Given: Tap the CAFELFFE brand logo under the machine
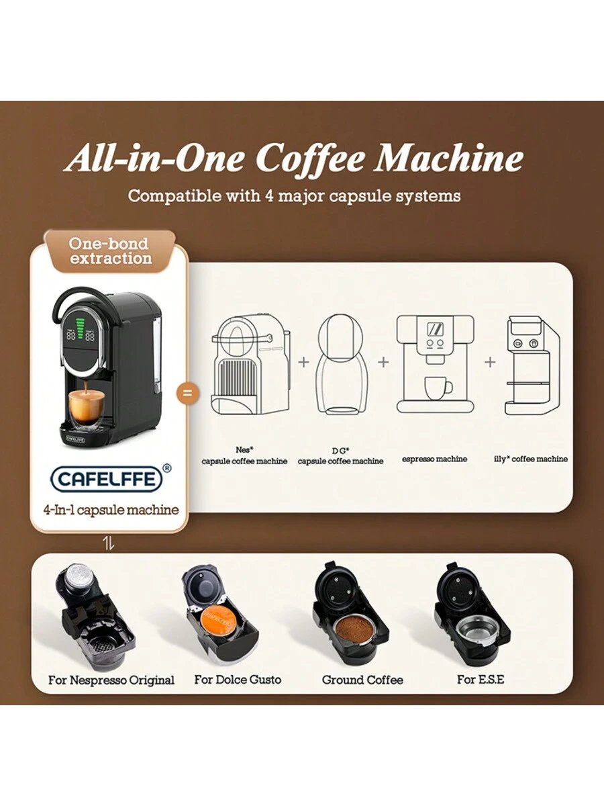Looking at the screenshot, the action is pyautogui.click(x=106, y=478).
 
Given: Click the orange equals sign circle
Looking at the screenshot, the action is pyautogui.click(x=188, y=393).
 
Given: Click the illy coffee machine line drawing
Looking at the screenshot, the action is pyautogui.click(x=532, y=366).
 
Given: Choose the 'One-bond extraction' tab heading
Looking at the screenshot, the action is pyautogui.click(x=110, y=251).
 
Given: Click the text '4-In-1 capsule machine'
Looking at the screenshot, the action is pyautogui.click(x=111, y=510).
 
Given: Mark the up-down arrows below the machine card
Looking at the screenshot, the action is pyautogui.click(x=109, y=544).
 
